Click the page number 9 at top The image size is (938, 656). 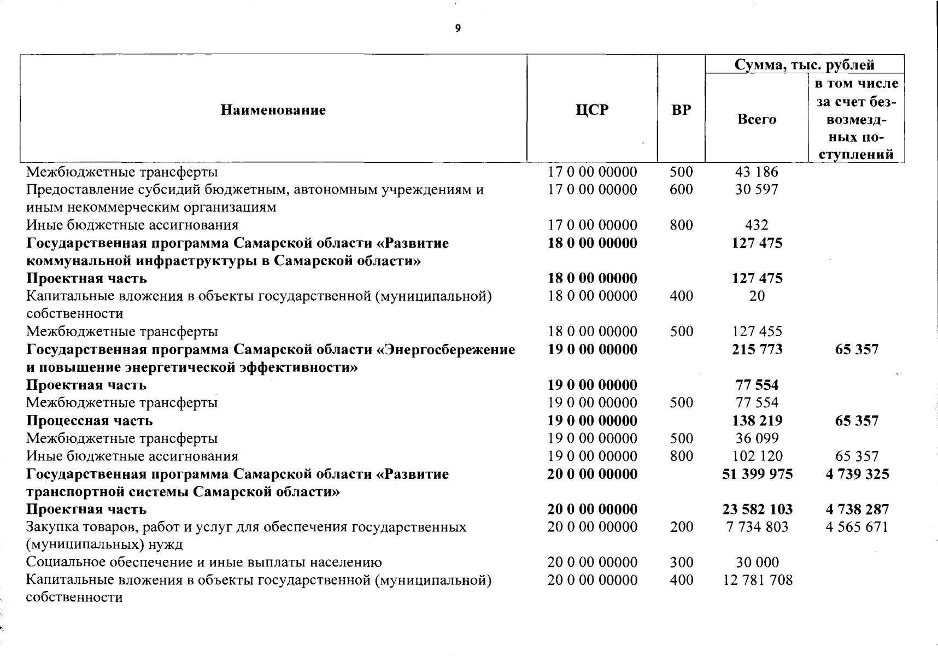tap(458, 29)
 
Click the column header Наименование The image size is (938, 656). tap(273, 110)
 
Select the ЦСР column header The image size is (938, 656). tap(592, 110)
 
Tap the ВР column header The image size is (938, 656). tap(681, 110)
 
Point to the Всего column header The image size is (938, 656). tap(757, 120)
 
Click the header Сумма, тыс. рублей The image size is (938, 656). tap(804, 65)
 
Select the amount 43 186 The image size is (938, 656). tap(757, 172)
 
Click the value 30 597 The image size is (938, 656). tap(757, 190)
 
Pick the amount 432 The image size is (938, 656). tap(757, 225)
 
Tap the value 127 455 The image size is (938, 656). tap(757, 332)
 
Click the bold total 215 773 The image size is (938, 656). tap(757, 349)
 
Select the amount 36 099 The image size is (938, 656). tap(757, 438)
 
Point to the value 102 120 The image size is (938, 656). tap(757, 456)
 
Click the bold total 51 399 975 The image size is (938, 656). tap(757, 474)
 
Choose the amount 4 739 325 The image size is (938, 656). tap(857, 474)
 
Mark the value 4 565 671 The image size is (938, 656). tap(857, 527)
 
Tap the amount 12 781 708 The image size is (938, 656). tap(757, 580)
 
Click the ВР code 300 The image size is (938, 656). tap(681, 563)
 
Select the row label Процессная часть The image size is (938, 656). tap(89, 421)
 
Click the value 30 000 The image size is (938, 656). tap(757, 563)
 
